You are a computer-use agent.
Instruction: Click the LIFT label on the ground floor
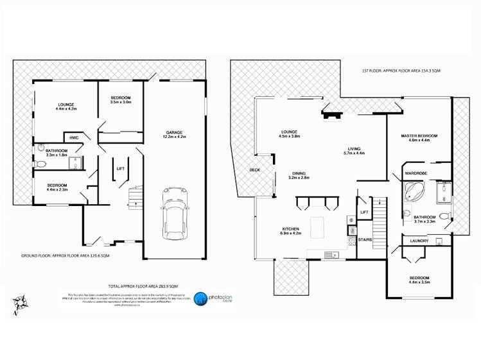[120, 169]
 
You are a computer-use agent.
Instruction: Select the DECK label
[254, 170]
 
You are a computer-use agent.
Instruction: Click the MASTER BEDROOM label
[419, 136]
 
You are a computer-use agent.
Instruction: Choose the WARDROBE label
[415, 173]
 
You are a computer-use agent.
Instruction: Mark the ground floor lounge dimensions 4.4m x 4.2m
[67, 108]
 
